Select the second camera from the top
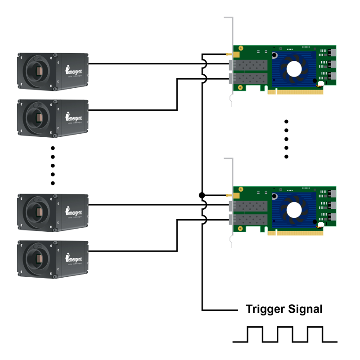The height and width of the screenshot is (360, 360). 53,118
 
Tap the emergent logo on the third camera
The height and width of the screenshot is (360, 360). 74,210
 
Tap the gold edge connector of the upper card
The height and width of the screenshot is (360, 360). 295,91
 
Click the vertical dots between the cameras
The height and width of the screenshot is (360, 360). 53,166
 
